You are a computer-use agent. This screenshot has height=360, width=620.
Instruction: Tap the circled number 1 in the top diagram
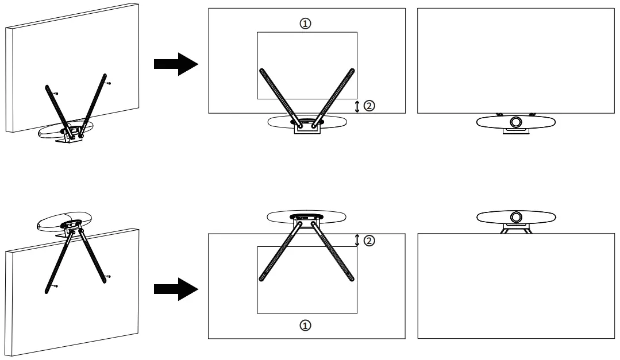306,23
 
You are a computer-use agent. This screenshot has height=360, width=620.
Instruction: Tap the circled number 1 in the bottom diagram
306,325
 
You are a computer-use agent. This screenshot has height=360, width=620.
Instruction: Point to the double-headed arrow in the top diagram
357,106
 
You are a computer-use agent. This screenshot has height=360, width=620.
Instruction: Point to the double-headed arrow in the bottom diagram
357,240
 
